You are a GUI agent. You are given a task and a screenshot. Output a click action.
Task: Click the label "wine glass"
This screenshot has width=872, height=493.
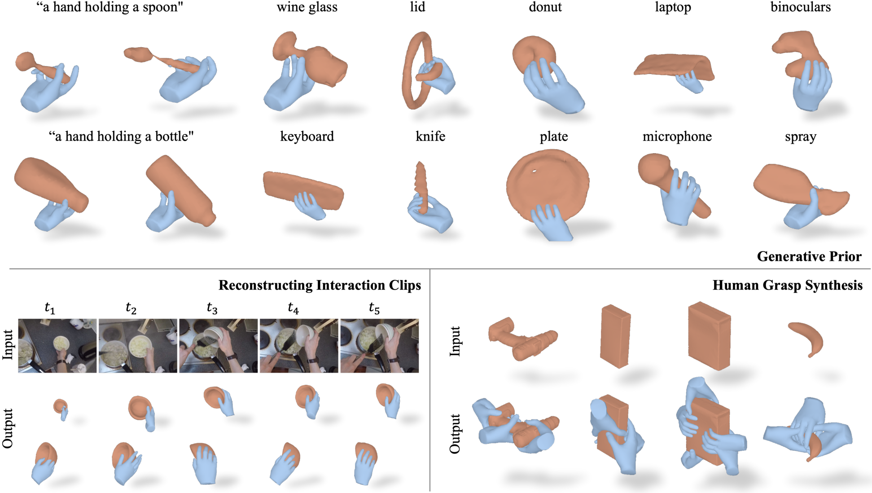point(307,7)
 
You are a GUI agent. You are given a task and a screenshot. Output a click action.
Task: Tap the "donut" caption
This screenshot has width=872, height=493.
point(545,7)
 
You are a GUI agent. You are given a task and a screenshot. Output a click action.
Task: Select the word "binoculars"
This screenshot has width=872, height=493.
point(801,7)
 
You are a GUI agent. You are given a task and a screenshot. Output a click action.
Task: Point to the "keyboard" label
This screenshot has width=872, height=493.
point(307,136)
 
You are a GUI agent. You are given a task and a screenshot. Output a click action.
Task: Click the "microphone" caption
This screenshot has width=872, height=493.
point(677,136)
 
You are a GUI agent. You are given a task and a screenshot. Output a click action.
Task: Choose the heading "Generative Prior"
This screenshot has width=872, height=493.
point(809,256)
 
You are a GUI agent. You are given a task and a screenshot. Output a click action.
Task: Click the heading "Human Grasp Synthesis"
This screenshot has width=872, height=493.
point(788,286)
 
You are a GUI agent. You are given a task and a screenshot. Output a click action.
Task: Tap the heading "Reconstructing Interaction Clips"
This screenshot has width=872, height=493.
point(320,286)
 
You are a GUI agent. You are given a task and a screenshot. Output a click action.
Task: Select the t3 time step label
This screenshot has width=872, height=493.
point(212,308)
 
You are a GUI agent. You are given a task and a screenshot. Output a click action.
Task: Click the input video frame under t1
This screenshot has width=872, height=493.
point(57,346)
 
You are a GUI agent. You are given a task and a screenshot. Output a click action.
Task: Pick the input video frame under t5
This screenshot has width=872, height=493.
point(380,346)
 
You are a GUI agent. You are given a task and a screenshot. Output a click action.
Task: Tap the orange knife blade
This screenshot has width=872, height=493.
point(421,186)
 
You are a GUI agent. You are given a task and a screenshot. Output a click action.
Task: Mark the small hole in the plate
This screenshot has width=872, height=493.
point(534,171)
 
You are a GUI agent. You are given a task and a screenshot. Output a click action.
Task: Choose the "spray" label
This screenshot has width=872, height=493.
point(801,137)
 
